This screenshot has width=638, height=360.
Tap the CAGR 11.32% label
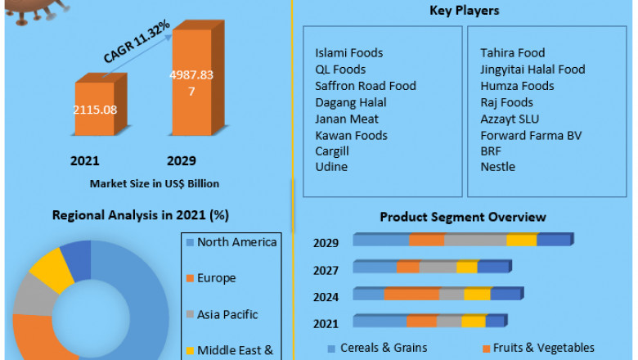coord(137,42)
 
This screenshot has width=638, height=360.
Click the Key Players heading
coord(465,11)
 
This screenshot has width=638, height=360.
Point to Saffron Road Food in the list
coord(366,86)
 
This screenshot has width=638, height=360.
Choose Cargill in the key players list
coord(332,151)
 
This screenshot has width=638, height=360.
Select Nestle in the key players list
coord(497,167)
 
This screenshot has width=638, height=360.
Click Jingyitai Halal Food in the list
coord(532,70)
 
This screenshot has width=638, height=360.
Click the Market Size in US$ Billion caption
coord(155,183)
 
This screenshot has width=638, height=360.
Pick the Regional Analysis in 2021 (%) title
coord(140,215)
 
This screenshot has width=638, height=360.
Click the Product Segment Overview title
coord(463,217)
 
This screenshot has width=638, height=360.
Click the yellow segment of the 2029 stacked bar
coord(521,240)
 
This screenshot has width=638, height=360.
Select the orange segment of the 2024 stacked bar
coord(411,295)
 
